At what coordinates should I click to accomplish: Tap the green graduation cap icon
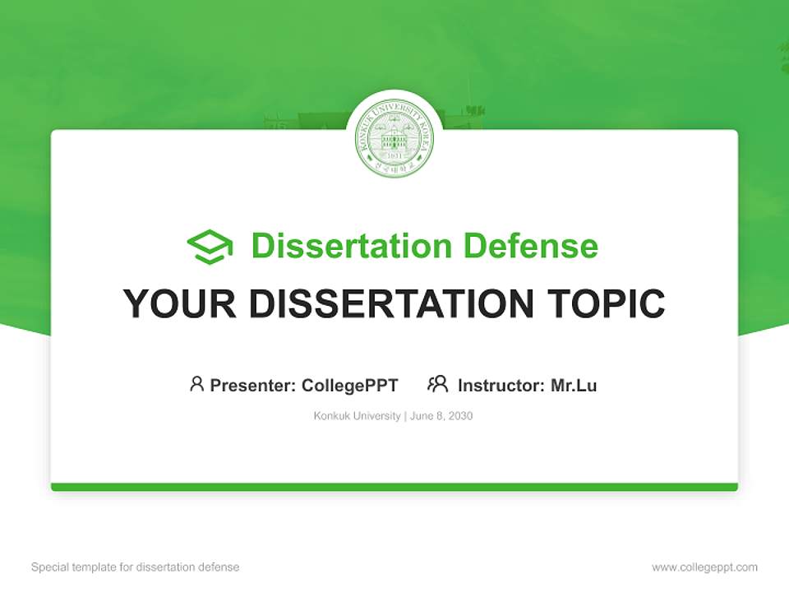tap(210, 247)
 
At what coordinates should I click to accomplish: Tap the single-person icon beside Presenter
tap(196, 384)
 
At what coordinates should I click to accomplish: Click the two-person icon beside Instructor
tap(437, 384)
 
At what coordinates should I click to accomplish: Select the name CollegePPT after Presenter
tap(350, 385)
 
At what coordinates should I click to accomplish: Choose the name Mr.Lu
tap(574, 385)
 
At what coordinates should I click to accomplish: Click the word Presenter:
tap(253, 385)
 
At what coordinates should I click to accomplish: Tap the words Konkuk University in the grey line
tap(357, 416)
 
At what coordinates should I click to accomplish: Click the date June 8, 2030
tap(441, 416)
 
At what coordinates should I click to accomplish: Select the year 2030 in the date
tap(460, 416)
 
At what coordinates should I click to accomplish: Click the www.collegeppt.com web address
tap(704, 567)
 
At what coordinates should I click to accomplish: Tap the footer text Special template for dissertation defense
tap(136, 567)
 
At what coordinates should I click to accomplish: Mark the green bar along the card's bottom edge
tap(394, 487)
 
